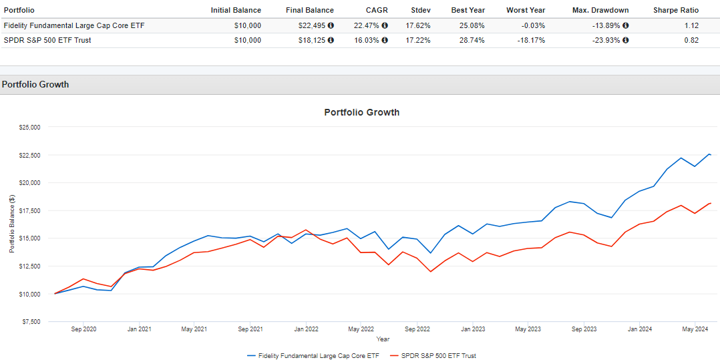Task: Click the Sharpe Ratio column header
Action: tap(676, 10)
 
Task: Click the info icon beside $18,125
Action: tap(331, 40)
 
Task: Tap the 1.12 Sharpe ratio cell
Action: tap(691, 25)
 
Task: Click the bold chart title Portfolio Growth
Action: tap(361, 112)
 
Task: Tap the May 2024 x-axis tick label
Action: tap(695, 329)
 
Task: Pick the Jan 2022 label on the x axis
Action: tap(306, 329)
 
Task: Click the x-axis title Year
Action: tap(383, 339)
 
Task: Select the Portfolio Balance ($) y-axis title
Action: tap(11, 224)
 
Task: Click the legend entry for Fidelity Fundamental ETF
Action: tap(313, 356)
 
